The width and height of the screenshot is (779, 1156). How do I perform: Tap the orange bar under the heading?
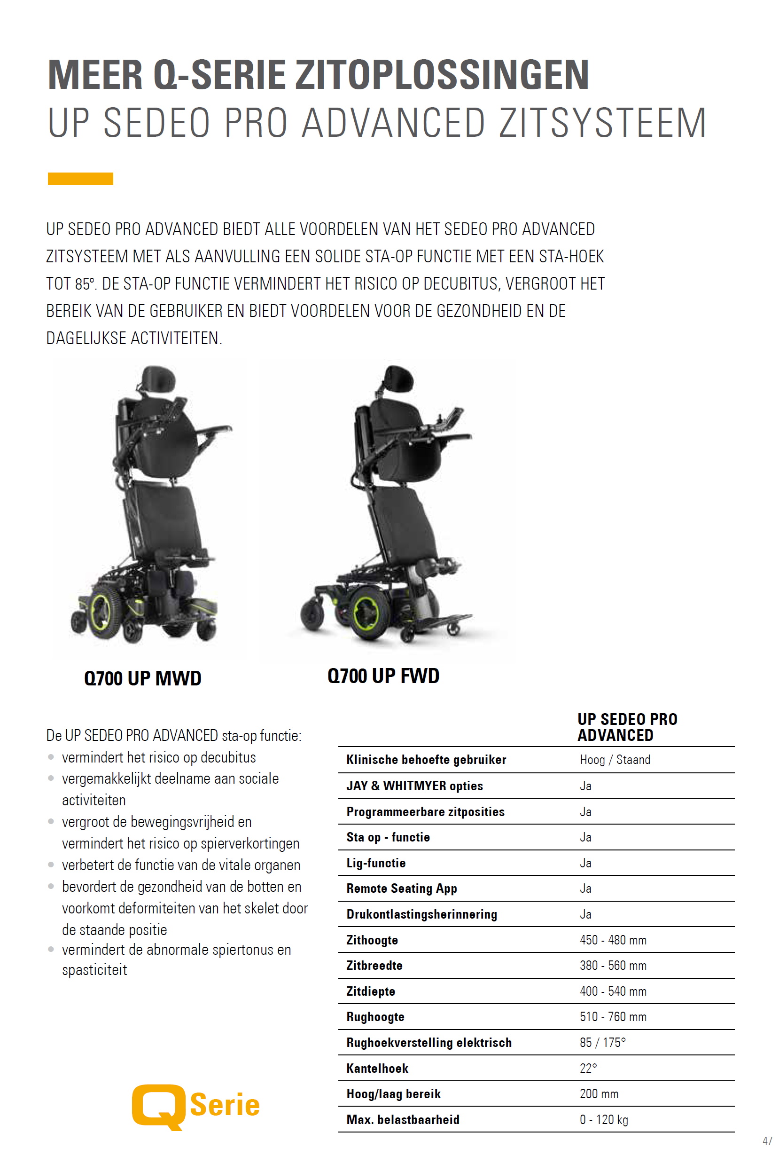pyautogui.click(x=80, y=179)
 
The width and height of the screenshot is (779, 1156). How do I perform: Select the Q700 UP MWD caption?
pyautogui.click(x=142, y=678)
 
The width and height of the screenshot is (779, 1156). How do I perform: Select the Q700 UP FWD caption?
pyautogui.click(x=383, y=676)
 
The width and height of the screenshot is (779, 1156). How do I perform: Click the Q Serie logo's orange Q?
pyautogui.click(x=158, y=1106)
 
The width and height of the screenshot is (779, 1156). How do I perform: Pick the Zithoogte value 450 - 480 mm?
pyautogui.click(x=613, y=940)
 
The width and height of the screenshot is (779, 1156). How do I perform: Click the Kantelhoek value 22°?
pyautogui.click(x=588, y=1068)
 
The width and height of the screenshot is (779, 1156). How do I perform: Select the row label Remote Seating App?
pyautogui.click(x=401, y=889)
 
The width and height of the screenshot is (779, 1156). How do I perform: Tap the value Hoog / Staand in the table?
pyautogui.click(x=615, y=759)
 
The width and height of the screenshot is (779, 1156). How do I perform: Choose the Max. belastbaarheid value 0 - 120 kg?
pyautogui.click(x=604, y=1119)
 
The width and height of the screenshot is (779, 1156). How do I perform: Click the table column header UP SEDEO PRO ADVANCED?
pyautogui.click(x=627, y=727)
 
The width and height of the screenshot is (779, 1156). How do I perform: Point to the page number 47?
pyautogui.click(x=767, y=1140)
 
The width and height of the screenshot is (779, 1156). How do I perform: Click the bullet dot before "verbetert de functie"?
pyautogui.click(x=51, y=865)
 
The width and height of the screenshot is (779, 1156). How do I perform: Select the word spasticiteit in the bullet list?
pyautogui.click(x=94, y=970)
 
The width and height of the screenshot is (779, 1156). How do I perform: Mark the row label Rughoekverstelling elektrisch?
pyautogui.click(x=429, y=1042)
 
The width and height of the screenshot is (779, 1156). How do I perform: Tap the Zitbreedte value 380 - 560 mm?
pyautogui.click(x=613, y=965)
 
